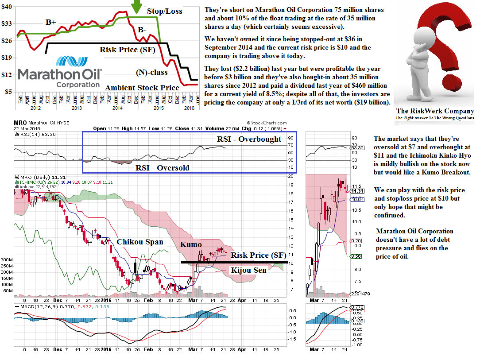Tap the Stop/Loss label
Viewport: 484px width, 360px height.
coord(164,11)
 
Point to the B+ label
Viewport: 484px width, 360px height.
coord(51,22)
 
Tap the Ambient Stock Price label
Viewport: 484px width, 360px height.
coord(142,88)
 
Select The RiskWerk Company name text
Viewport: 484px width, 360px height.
coord(435,111)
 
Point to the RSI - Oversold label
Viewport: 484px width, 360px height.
coord(162,168)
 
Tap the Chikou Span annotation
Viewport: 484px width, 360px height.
coord(140,242)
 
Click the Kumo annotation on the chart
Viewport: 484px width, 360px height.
coord(191,244)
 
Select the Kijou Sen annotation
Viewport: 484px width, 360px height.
coord(249,270)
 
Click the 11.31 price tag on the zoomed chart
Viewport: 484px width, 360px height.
coord(356,191)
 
